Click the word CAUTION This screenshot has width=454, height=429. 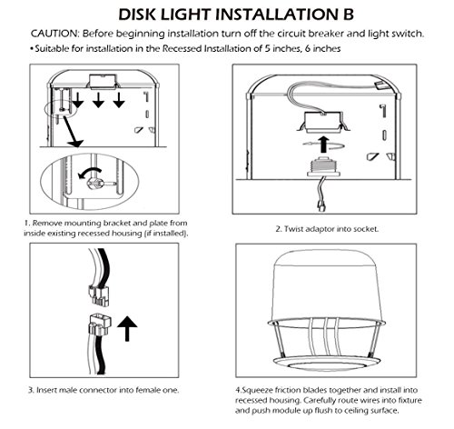pos(54,34)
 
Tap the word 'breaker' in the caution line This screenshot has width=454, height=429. pos(326,34)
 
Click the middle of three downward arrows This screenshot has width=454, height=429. pos(98,100)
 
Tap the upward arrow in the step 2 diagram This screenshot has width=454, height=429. pos(324,145)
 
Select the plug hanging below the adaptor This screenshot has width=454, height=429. pos(321,207)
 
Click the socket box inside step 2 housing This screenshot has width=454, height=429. pos(322,123)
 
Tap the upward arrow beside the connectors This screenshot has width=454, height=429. pos(127,329)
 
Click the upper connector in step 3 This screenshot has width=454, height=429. pos(98,295)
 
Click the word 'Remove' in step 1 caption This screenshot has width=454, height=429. pos(47,224)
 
